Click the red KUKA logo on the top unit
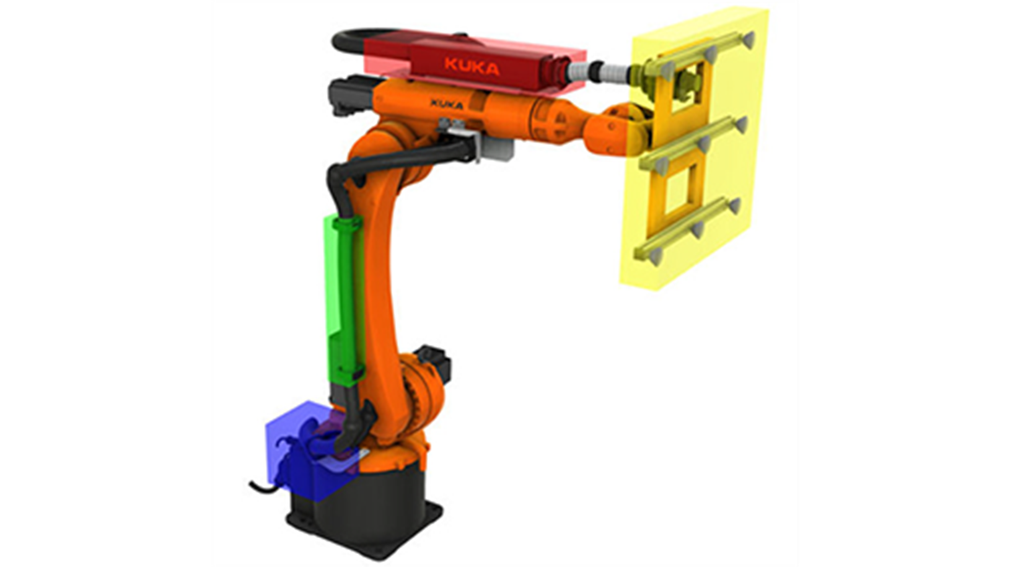(472, 66)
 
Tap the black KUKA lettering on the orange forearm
(447, 104)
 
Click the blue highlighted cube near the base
(311, 451)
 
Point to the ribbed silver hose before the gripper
(599, 71)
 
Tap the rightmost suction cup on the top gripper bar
(748, 40)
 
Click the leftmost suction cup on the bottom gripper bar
(655, 258)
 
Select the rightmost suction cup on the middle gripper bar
(742, 125)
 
